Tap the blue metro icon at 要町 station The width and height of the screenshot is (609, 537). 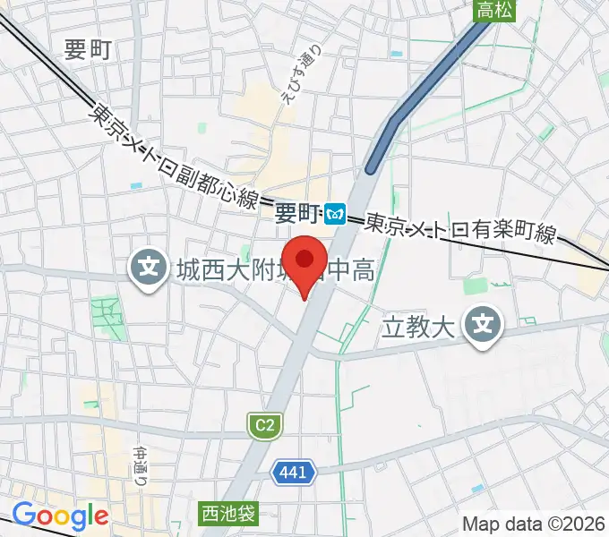tap(336, 213)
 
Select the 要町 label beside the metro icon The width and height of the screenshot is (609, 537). tap(296, 213)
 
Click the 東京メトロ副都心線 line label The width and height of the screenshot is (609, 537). tap(174, 157)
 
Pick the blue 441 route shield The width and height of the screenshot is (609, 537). tap(294, 473)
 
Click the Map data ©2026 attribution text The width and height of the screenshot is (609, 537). tap(534, 523)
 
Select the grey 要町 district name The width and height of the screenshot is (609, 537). tap(88, 50)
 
